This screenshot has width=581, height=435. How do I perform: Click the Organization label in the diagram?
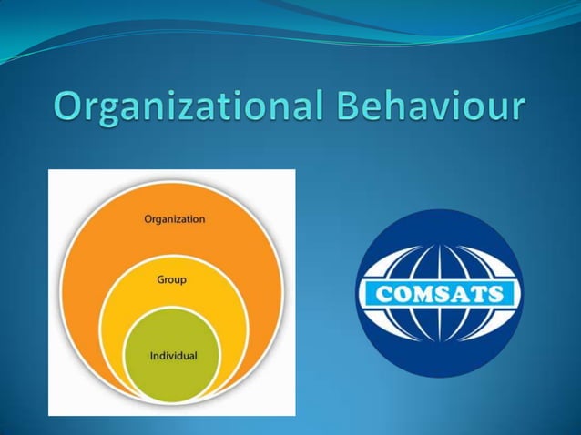tap(175, 219)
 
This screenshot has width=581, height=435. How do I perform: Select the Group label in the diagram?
tap(171, 280)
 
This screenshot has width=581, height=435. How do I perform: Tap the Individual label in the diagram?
tap(173, 355)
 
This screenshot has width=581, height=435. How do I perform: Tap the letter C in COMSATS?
tap(375, 295)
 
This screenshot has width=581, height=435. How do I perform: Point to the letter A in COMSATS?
tap(465, 295)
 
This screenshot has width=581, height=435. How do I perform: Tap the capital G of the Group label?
tap(157, 280)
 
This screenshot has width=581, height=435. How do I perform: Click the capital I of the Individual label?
tap(152, 355)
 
